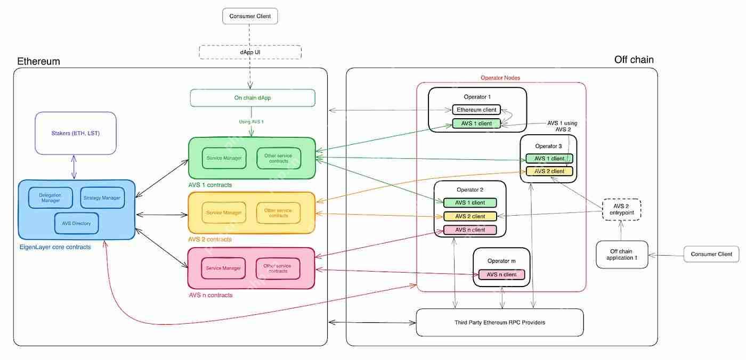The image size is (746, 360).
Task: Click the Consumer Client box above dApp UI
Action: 250,16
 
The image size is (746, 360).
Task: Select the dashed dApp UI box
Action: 250,52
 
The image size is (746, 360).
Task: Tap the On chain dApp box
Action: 253,97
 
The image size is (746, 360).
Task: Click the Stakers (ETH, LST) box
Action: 75,133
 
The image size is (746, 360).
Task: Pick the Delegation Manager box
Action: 50,198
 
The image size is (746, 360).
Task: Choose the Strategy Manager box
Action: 102,198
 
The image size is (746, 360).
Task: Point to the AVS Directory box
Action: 76,223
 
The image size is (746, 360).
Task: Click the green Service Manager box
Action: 224,158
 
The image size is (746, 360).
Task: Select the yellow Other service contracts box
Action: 278,212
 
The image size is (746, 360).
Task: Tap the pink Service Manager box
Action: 223,268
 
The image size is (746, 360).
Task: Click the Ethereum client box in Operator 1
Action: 476,110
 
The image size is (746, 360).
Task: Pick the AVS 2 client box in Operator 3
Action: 549,171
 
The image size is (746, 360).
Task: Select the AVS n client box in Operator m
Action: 501,275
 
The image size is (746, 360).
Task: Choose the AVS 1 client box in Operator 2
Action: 470,203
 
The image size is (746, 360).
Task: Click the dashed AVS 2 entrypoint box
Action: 621,209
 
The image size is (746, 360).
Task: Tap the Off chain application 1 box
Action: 622,254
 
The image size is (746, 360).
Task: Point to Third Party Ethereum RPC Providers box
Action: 499,323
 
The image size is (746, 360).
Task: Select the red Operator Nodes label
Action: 500,78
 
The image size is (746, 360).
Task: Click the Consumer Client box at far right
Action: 711,254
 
